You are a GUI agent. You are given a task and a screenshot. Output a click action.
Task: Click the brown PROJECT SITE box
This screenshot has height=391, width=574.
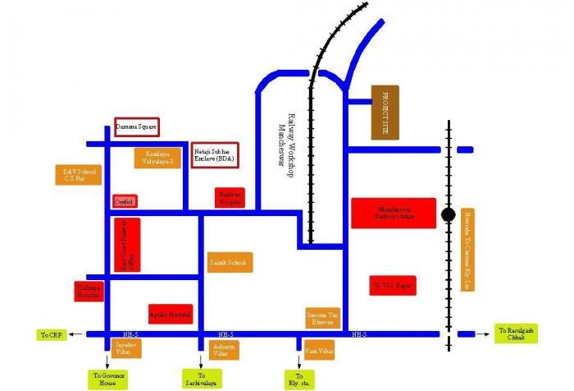click(x=385, y=111)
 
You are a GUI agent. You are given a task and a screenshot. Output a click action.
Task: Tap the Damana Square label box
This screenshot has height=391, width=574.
click(x=136, y=127)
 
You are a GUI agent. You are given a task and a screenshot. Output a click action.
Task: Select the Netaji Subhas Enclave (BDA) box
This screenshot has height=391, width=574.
click(x=215, y=154)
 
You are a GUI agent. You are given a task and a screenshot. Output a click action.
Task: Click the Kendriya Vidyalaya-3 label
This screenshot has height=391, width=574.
click(x=159, y=158)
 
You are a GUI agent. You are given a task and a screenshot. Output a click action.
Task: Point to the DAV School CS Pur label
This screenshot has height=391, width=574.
click(x=80, y=175)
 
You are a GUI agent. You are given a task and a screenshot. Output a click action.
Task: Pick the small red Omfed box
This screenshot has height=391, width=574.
click(x=125, y=200)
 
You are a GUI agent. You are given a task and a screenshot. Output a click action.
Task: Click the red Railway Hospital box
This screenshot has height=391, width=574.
click(x=230, y=198)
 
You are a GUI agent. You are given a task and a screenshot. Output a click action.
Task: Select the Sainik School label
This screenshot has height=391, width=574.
click(x=230, y=262)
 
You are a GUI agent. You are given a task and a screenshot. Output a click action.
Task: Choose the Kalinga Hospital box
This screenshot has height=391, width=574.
click(x=89, y=291)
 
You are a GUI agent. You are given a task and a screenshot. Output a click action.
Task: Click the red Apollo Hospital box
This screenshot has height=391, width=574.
click(x=171, y=314)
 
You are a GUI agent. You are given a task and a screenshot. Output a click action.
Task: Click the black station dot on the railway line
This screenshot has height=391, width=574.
click(x=448, y=215)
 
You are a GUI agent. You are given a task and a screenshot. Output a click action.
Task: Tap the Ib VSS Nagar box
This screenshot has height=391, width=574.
click(x=393, y=285)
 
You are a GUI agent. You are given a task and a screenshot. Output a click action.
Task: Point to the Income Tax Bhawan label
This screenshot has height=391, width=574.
click(x=322, y=318)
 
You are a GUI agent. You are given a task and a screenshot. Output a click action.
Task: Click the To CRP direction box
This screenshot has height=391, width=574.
click(x=51, y=334)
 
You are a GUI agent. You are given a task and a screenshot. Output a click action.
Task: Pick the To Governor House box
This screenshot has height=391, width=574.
click(x=108, y=379)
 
